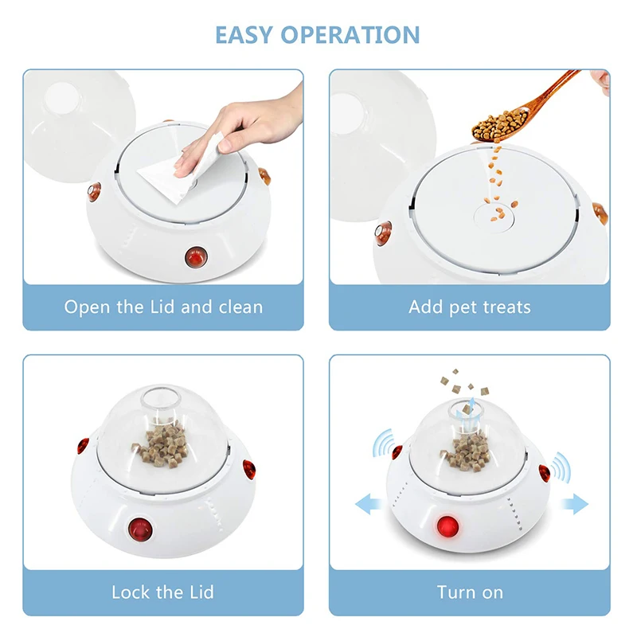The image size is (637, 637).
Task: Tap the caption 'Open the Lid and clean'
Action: (x=163, y=307)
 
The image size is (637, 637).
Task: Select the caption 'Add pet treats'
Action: (x=470, y=307)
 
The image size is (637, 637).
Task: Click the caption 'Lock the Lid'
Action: (x=163, y=592)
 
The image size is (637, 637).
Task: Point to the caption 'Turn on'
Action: (x=470, y=592)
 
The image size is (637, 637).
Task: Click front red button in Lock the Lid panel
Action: (x=142, y=527)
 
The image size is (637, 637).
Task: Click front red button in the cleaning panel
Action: (x=193, y=257)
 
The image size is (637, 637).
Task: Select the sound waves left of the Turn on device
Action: (x=385, y=444)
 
